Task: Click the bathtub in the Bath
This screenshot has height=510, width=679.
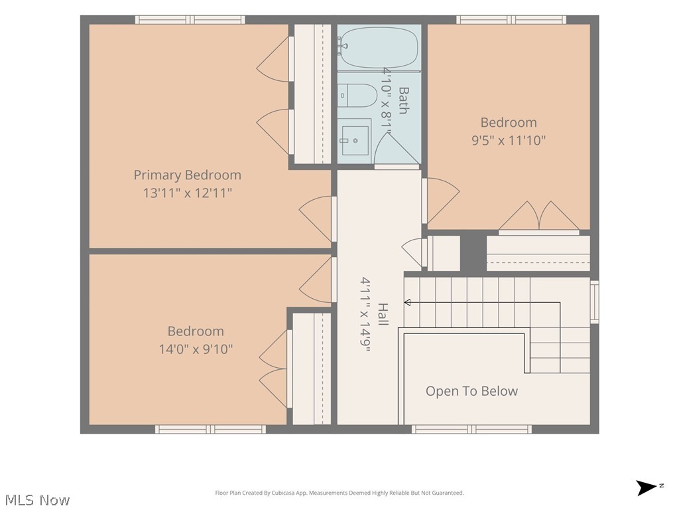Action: (x=379, y=47)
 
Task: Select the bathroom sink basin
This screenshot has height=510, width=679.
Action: (x=355, y=141)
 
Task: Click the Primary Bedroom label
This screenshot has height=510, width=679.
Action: (x=187, y=175)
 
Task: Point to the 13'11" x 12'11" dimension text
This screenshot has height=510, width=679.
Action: (x=188, y=193)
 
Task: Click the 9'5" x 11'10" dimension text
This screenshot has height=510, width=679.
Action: (x=509, y=141)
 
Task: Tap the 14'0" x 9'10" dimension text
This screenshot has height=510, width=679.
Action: (x=196, y=349)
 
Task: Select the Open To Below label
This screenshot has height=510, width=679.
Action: (x=471, y=391)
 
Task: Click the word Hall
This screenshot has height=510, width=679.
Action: (x=383, y=314)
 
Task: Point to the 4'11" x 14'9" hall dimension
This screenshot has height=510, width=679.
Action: (x=365, y=314)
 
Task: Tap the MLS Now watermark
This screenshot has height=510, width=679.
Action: (x=37, y=500)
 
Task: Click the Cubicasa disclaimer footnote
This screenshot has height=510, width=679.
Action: (x=339, y=493)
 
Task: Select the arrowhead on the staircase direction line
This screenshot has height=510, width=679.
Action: (x=407, y=303)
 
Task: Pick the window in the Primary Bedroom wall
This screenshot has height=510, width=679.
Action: (x=190, y=19)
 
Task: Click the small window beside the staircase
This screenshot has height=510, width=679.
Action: (x=595, y=302)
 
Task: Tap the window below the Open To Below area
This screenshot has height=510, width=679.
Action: (x=471, y=430)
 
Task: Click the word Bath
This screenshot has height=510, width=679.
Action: (x=403, y=100)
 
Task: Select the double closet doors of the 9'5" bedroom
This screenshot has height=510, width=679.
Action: (x=539, y=217)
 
